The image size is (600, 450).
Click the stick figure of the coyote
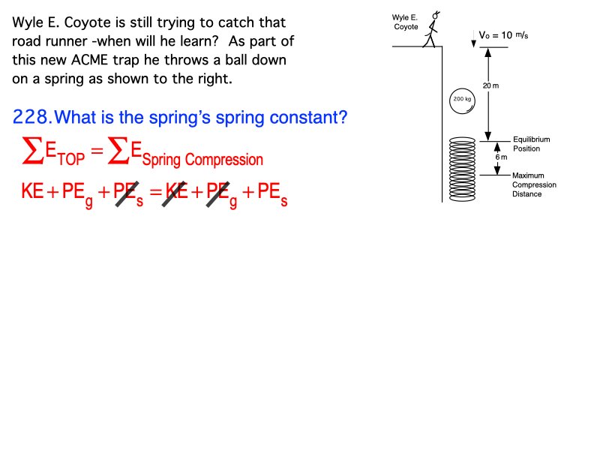[x=431, y=31]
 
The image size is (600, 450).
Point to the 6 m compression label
[x=501, y=157]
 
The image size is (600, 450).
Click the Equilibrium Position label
[x=531, y=144]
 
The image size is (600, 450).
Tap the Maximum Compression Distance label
[x=534, y=184]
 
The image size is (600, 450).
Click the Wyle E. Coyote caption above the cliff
[x=405, y=22]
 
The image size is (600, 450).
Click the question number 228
[x=32, y=117]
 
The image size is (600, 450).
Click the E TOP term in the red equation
[x=65, y=154]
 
